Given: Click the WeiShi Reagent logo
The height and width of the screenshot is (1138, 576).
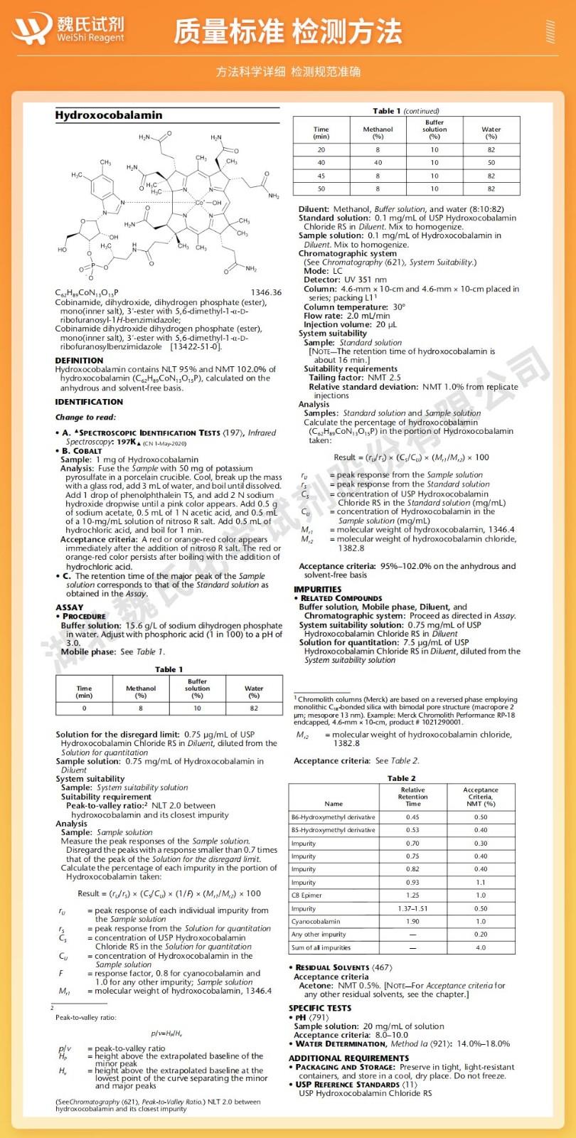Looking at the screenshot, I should click(x=68, y=29).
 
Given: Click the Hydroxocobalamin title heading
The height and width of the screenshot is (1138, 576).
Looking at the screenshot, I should click(x=109, y=115).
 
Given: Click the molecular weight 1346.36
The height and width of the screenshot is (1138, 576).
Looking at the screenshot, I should click(x=266, y=292).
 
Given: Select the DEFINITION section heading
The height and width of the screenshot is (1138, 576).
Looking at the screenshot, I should click(x=79, y=361).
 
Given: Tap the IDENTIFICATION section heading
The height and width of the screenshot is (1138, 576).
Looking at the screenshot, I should click(x=89, y=402).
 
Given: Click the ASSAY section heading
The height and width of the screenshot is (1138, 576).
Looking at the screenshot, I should click(x=69, y=607).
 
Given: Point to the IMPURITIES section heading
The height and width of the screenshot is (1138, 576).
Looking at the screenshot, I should click(x=317, y=589).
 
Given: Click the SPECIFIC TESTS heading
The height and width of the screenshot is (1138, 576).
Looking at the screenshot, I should click(x=320, y=1008).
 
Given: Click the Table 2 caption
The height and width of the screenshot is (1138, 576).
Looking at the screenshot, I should click(x=402, y=778).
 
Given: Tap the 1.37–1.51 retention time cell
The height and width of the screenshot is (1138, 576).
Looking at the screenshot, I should click(x=412, y=908).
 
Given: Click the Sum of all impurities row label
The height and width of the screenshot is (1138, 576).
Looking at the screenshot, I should click(x=321, y=947).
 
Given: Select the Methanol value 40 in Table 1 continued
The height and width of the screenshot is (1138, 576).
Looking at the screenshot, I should click(x=378, y=163).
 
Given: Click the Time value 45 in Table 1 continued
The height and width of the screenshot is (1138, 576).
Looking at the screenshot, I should click(x=321, y=176).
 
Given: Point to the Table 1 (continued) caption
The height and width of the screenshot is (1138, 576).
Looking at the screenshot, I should click(x=406, y=111).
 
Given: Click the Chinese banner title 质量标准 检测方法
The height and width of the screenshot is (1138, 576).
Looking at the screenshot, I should click(x=288, y=32).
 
